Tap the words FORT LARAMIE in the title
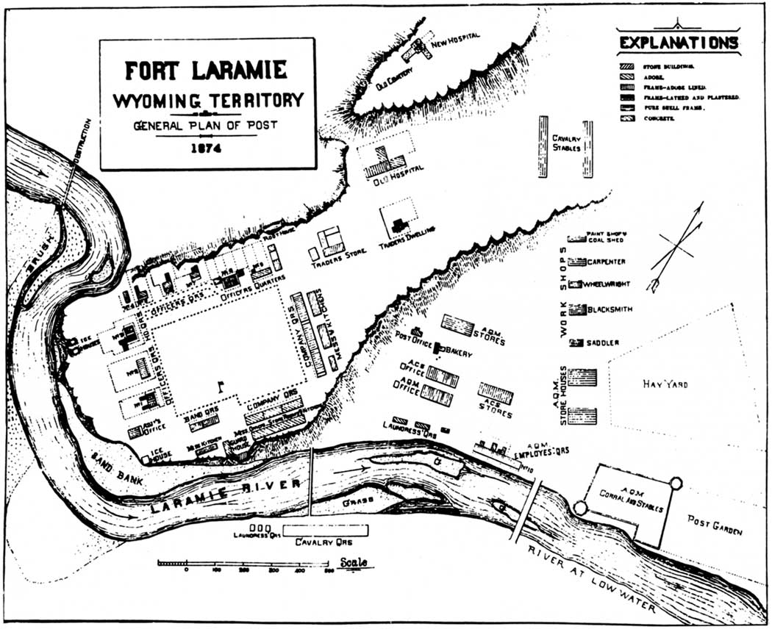[207, 71]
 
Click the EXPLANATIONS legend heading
[678, 43]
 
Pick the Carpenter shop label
[608, 262]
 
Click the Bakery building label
[456, 352]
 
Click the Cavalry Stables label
[566, 141]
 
